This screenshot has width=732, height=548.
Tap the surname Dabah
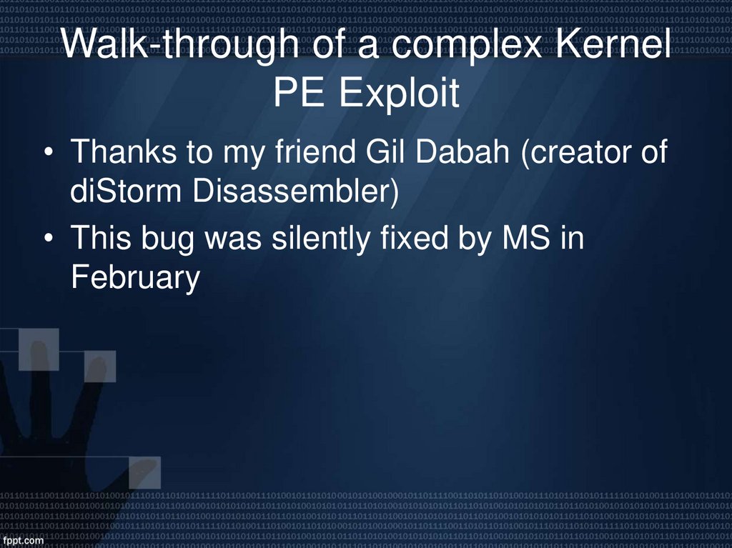467,153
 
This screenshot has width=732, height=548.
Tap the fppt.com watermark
24,541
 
